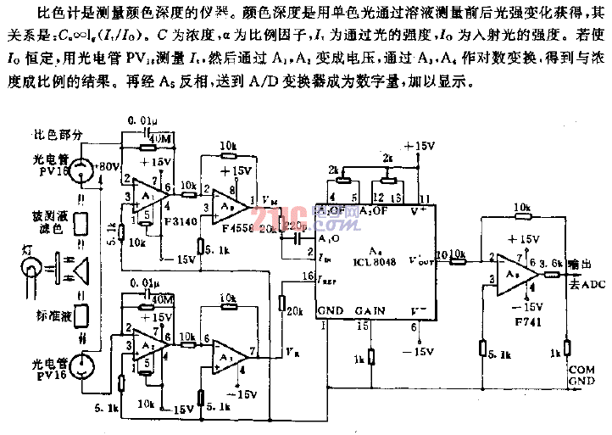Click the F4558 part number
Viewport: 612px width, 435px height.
point(234,228)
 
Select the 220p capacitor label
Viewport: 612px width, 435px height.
point(295,226)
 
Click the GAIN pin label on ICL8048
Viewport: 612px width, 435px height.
point(370,311)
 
